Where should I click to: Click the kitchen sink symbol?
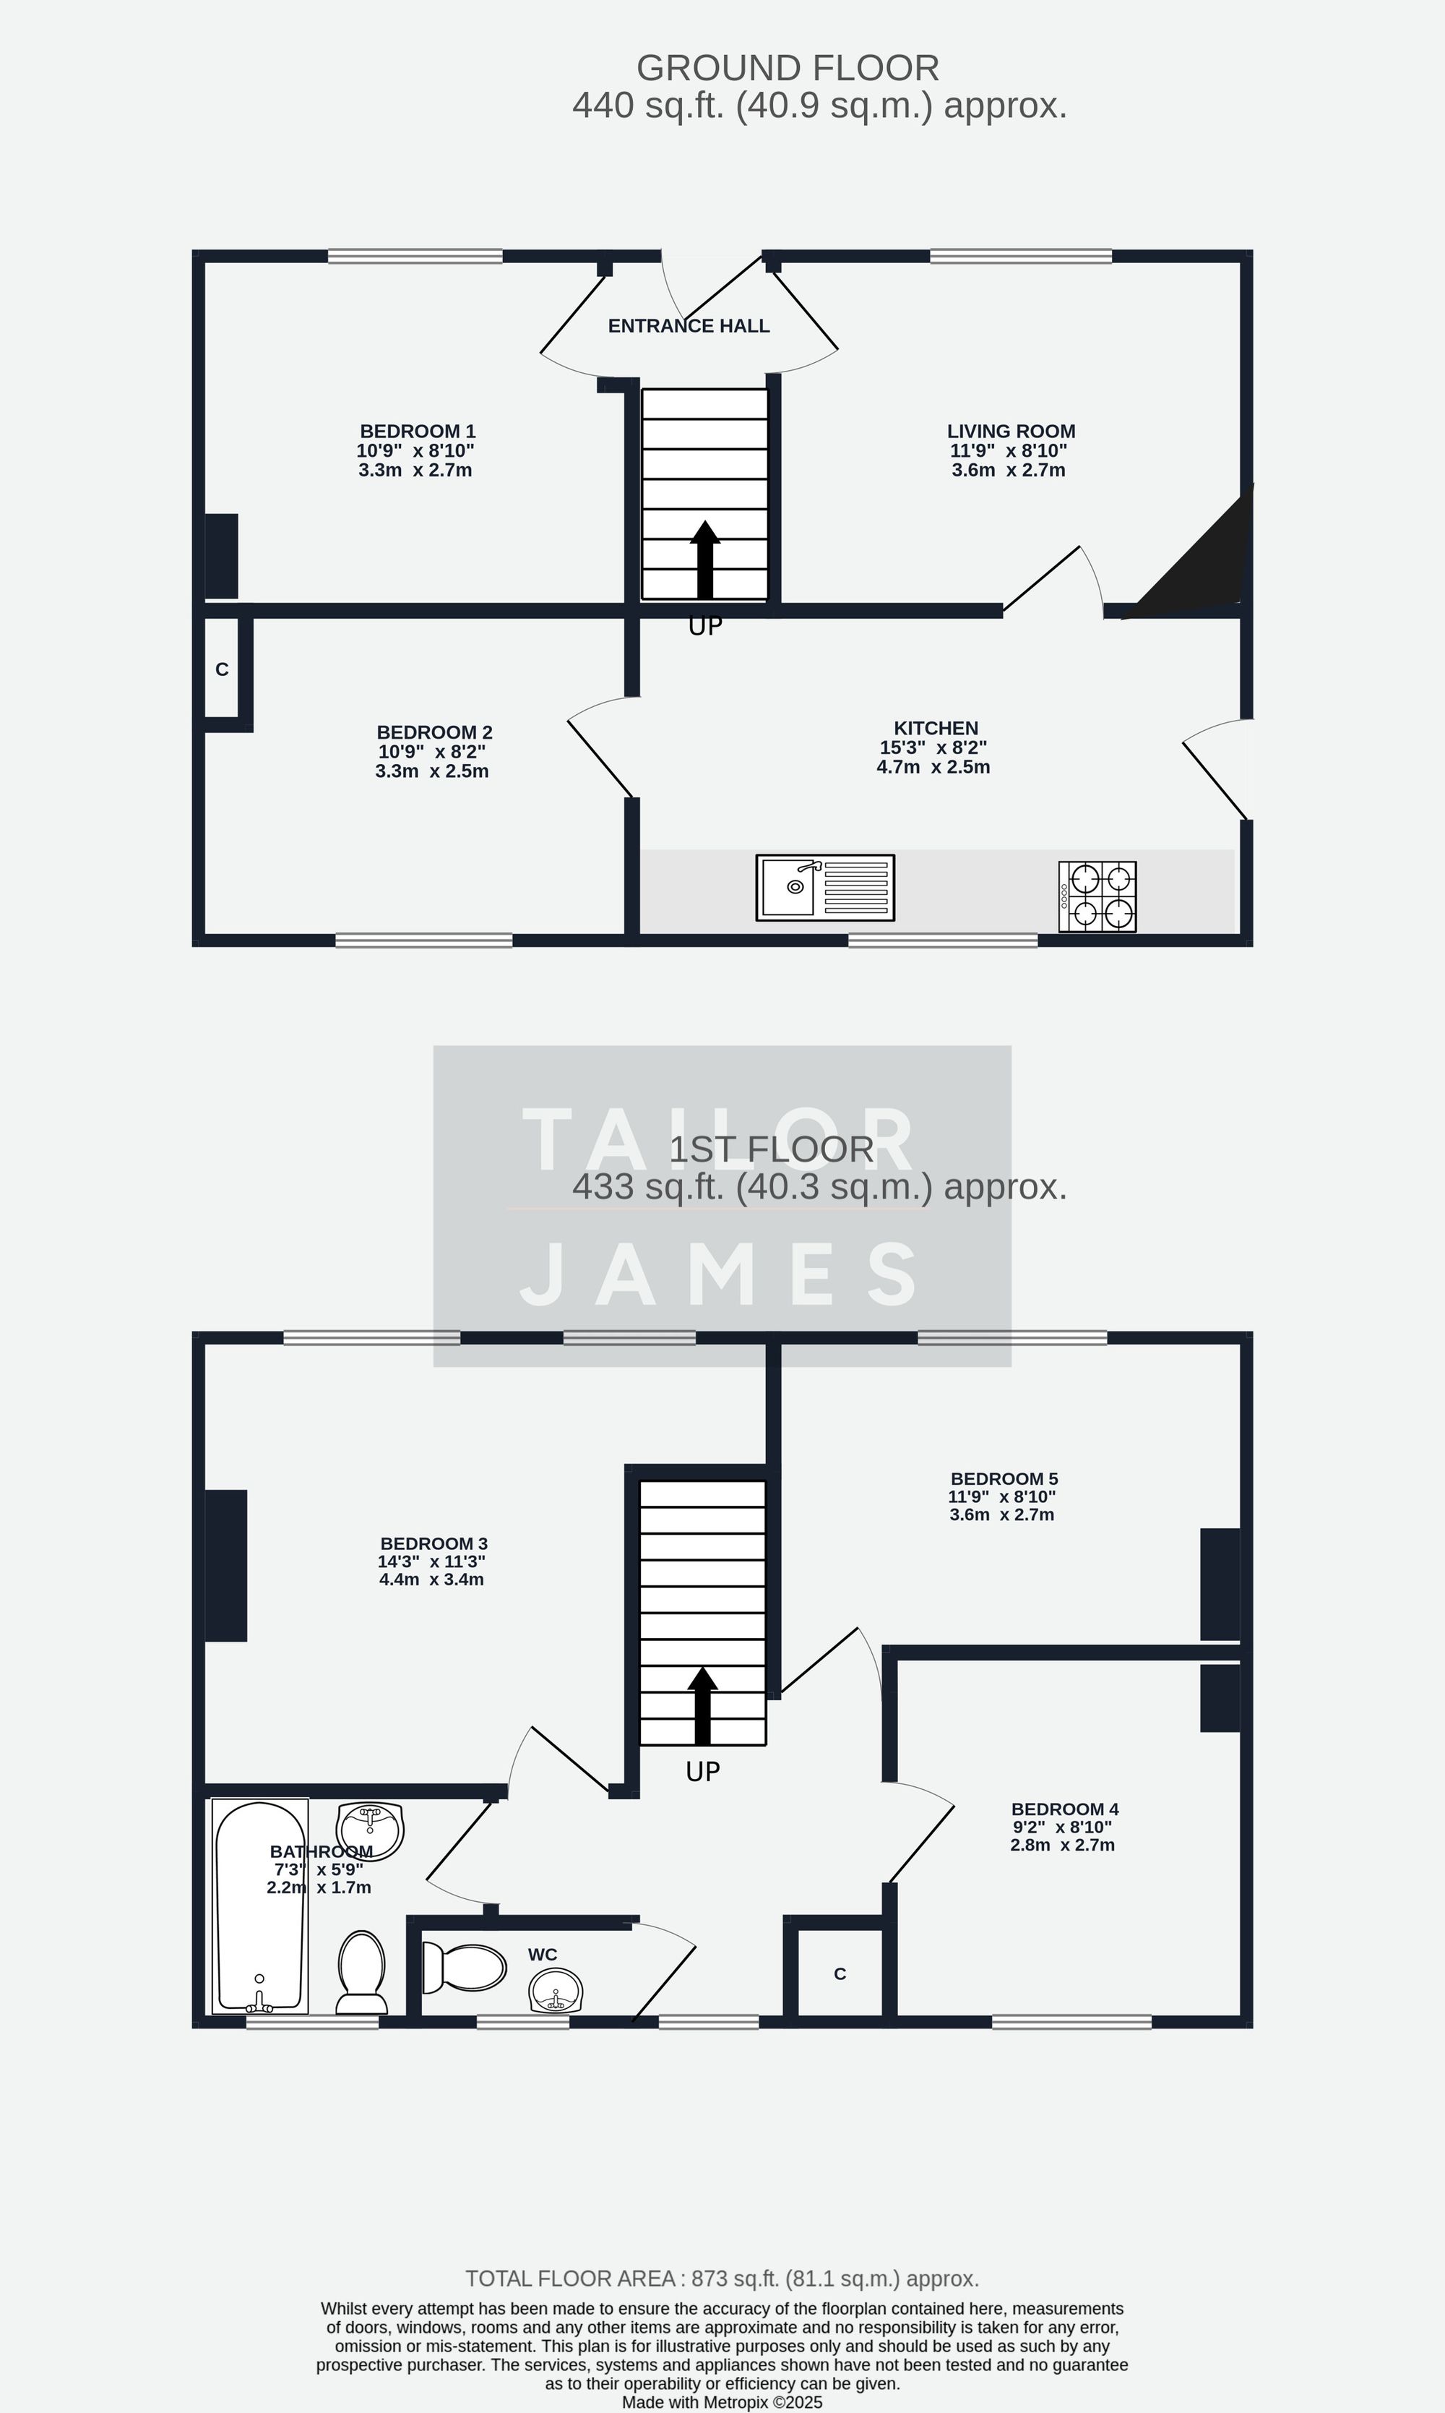(x=825, y=888)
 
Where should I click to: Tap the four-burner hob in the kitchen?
(x=1097, y=896)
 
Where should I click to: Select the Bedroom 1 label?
(x=417, y=432)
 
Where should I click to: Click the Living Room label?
(x=1011, y=432)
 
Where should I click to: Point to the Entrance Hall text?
(x=689, y=326)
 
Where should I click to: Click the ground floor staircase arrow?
(x=705, y=560)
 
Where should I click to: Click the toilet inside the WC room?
(x=465, y=1968)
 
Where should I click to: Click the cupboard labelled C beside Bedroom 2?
(x=222, y=669)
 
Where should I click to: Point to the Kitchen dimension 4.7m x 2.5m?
(x=933, y=768)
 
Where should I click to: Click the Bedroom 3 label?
(x=433, y=1544)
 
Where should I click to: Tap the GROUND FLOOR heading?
(x=787, y=68)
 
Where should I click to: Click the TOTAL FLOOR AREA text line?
(x=722, y=2279)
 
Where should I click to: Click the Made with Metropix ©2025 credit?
(x=722, y=2402)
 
